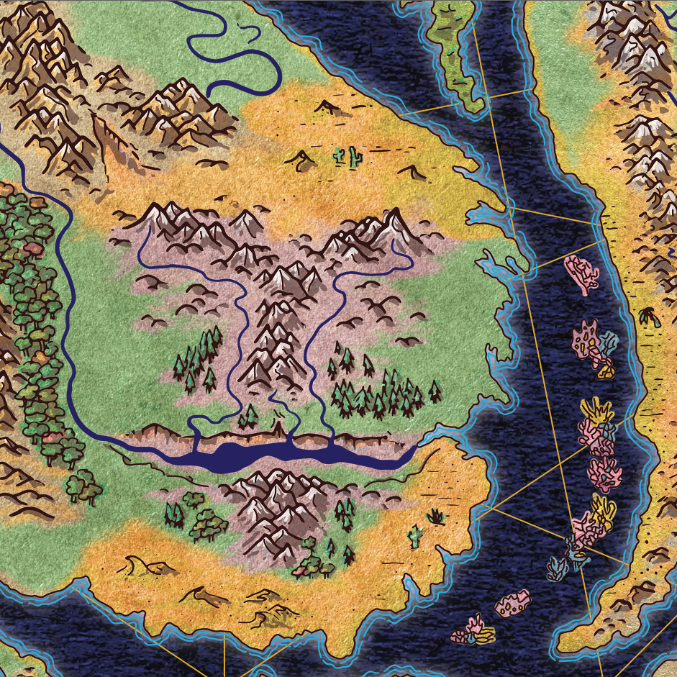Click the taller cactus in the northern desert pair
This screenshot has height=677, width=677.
[353, 156]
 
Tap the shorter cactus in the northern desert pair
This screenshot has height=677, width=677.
[338, 154]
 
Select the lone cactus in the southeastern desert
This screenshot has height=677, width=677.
[414, 535]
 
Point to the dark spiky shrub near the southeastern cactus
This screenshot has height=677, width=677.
[436, 516]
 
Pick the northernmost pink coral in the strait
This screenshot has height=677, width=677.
[581, 272]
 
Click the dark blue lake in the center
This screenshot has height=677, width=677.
[288, 455]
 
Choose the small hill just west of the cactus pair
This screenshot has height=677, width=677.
[300, 158]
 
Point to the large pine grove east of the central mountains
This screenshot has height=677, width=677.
[381, 392]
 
